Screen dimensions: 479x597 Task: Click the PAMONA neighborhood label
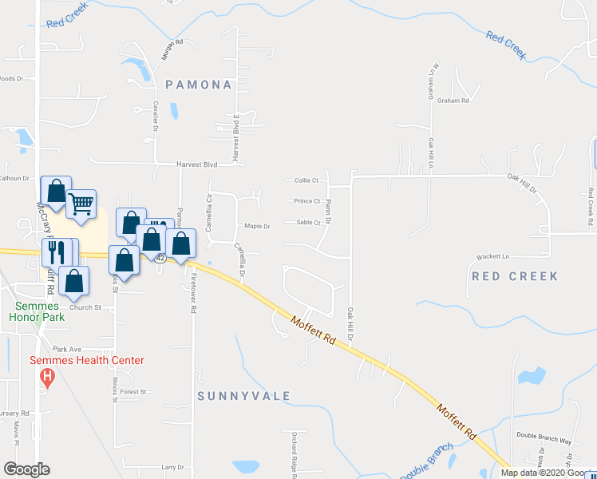[199, 85]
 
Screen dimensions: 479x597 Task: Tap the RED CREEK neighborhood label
[515, 276]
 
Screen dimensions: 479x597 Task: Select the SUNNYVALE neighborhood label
[243, 396]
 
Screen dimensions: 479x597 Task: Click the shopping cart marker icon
[81, 204]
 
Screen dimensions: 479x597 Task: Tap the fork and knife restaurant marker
[55, 251]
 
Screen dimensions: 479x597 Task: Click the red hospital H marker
[47, 375]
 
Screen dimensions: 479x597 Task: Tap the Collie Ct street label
[306, 180]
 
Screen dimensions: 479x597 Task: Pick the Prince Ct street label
[306, 201]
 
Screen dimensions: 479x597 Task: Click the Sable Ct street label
[307, 223]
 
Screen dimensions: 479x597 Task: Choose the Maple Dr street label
[257, 226]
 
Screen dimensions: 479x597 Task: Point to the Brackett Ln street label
[492, 257]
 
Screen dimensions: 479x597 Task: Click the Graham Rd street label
[453, 101]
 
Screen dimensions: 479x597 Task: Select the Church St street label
[85, 307]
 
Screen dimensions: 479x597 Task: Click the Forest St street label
[133, 392]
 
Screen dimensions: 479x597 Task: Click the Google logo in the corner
[27, 469]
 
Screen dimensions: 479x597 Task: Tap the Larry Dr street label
[172, 467]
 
